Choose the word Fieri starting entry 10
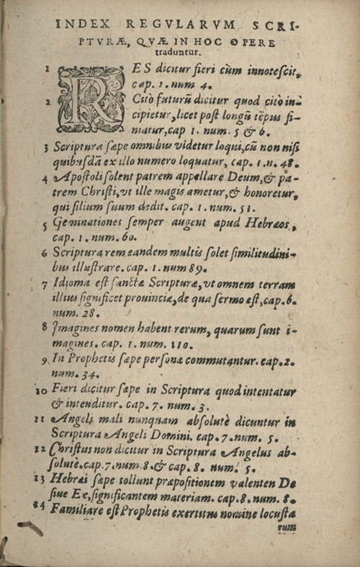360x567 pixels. pyautogui.click(x=67, y=391)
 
